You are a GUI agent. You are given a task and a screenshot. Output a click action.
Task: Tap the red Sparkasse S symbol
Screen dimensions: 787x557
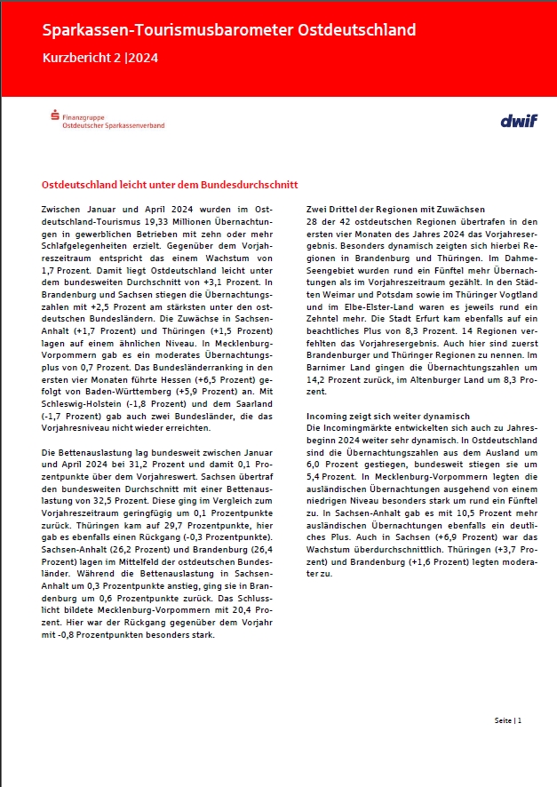[56, 115]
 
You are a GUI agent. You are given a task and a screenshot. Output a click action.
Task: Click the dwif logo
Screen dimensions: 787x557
[519, 120]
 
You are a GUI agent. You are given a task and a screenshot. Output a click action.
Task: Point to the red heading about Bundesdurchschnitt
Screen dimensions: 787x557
[170, 184]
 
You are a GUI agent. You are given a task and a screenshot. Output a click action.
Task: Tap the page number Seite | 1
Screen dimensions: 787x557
[508, 720]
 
